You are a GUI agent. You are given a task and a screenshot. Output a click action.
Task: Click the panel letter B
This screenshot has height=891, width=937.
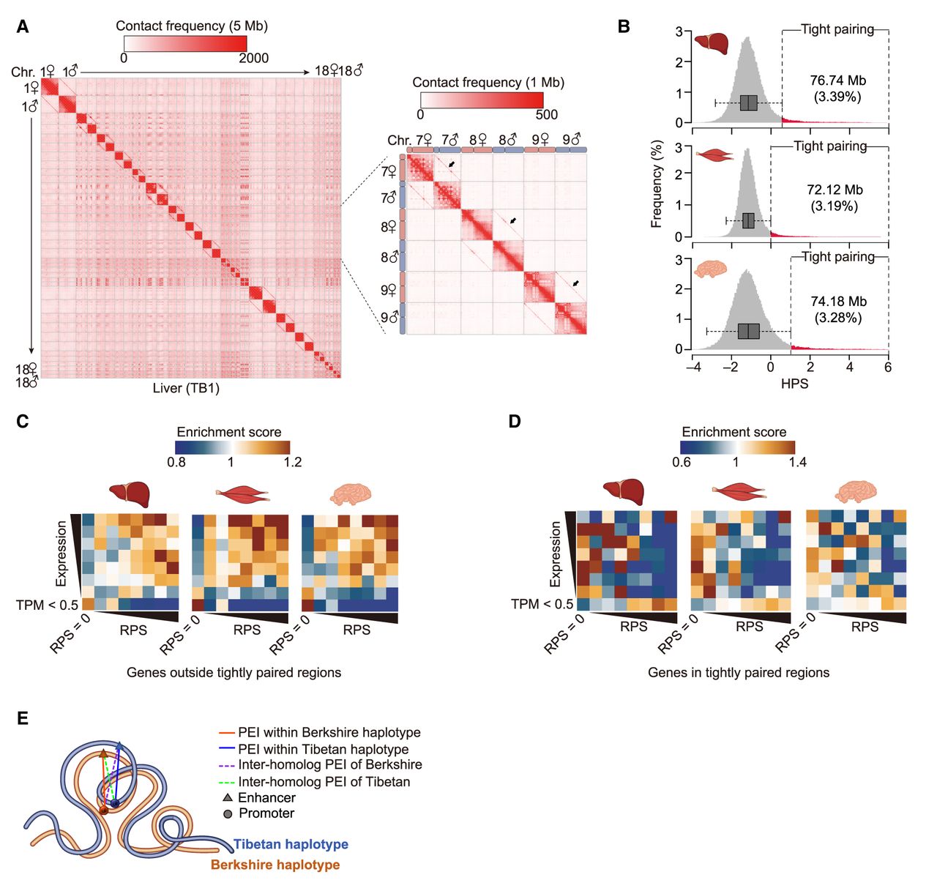(x=624, y=27)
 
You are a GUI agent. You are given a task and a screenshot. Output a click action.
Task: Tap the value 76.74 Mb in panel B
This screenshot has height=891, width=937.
(x=837, y=81)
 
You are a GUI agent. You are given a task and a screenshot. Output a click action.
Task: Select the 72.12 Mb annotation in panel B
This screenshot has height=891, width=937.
(x=835, y=190)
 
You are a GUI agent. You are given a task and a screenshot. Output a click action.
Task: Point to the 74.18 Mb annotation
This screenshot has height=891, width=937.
(x=838, y=301)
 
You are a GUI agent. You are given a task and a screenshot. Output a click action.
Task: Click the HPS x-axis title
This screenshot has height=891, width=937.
(x=794, y=383)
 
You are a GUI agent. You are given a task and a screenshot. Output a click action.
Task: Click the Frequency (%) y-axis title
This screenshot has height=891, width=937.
(x=656, y=184)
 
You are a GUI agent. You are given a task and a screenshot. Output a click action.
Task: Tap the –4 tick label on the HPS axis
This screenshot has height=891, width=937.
(x=693, y=367)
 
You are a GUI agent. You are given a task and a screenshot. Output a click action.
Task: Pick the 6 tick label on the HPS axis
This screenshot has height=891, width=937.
(x=888, y=367)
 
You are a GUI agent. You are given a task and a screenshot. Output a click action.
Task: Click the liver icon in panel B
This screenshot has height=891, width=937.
(x=711, y=43)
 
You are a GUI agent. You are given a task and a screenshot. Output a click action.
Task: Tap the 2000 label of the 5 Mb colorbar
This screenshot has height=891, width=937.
(x=253, y=58)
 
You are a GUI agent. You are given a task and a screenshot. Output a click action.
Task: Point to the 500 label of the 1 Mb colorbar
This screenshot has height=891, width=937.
(x=546, y=114)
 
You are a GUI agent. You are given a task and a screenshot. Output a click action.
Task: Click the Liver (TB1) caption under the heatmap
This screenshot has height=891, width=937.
(x=186, y=388)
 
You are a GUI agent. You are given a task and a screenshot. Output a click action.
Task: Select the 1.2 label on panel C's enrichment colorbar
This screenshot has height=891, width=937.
(x=292, y=462)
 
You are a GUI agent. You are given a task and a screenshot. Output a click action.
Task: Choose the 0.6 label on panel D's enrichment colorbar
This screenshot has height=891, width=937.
(x=682, y=462)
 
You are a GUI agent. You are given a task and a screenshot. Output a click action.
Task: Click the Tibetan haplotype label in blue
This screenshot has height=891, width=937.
(x=291, y=844)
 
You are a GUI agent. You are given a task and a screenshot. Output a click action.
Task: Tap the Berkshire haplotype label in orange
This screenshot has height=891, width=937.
(x=275, y=865)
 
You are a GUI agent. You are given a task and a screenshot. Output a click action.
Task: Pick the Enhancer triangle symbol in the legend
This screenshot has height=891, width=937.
(x=228, y=797)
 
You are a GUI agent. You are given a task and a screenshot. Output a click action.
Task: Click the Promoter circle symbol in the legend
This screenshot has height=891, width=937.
(x=228, y=814)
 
